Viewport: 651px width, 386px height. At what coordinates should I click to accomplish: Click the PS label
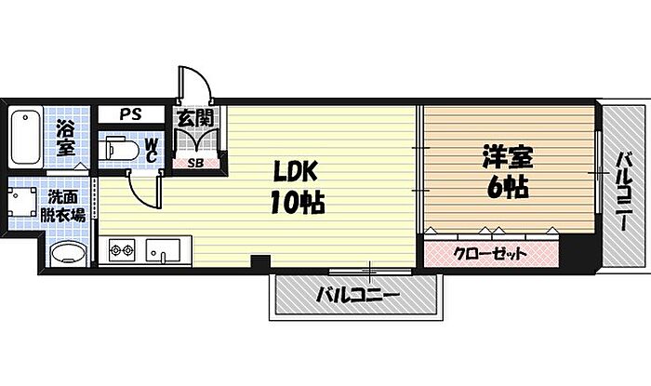(x=131, y=114)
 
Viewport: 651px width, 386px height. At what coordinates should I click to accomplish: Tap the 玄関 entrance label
(x=195, y=119)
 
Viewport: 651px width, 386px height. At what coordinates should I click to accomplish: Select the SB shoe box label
(x=195, y=163)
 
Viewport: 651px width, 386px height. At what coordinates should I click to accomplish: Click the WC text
(x=151, y=150)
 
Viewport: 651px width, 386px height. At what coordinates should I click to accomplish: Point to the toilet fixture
(x=120, y=150)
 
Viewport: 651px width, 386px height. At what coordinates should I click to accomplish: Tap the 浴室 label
(x=66, y=138)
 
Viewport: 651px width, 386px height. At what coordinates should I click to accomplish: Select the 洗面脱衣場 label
(x=63, y=206)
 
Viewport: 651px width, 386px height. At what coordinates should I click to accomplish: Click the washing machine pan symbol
(x=22, y=201)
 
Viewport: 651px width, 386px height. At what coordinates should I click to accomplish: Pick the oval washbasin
(x=68, y=253)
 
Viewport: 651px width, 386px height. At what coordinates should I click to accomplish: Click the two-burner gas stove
(x=122, y=250)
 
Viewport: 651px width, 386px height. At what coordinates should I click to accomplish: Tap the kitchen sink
(x=163, y=250)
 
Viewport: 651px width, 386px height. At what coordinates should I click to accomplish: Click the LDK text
(x=295, y=171)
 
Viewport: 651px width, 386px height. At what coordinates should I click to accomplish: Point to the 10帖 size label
(x=298, y=202)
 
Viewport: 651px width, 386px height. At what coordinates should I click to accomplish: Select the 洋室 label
(x=508, y=157)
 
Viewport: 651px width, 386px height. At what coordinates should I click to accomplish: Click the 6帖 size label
(x=508, y=188)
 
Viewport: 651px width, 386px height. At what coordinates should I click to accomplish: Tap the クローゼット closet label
(x=490, y=253)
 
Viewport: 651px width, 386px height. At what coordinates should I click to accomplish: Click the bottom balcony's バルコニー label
(x=357, y=296)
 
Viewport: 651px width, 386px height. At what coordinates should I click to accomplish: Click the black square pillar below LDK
(x=261, y=261)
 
